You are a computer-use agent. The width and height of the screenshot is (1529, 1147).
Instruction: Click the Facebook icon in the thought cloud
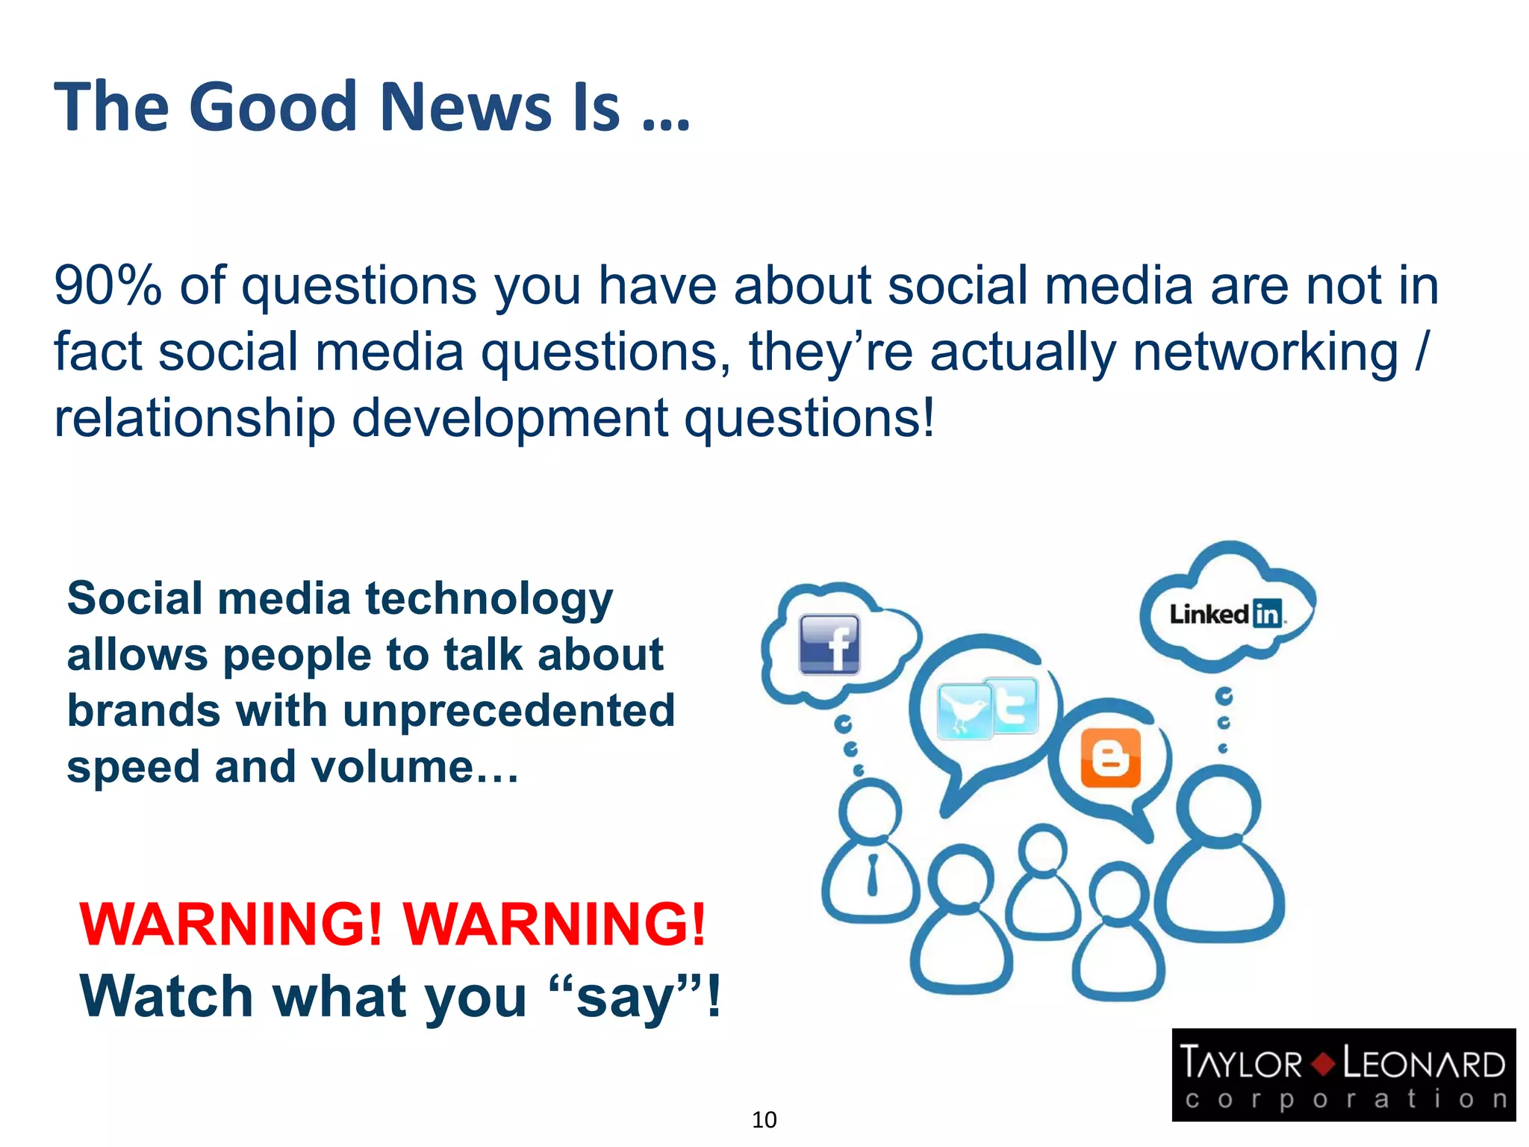coord(829,644)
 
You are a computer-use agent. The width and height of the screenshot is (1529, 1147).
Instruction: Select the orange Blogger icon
coord(1111,758)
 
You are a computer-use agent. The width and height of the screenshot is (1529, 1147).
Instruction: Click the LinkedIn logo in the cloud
coord(1226,614)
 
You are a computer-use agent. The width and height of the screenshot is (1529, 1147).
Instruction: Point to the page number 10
coord(764,1119)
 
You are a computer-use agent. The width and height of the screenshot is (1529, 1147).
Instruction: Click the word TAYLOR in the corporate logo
coord(1240,1063)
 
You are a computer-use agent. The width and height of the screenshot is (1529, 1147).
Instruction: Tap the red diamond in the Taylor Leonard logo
coord(1323,1063)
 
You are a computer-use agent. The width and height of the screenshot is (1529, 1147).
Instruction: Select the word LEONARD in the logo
coord(1424,1063)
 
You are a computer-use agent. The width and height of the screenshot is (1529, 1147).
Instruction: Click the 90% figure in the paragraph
coord(108,286)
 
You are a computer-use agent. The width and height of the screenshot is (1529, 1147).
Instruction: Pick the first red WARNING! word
coord(231,924)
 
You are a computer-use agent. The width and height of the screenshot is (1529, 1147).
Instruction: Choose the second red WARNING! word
coord(554,924)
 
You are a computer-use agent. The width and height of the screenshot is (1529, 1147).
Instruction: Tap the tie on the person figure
coord(872,874)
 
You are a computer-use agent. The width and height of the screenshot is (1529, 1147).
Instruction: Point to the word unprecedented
coord(508,710)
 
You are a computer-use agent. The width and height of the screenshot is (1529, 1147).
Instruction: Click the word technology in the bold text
coord(489,600)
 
